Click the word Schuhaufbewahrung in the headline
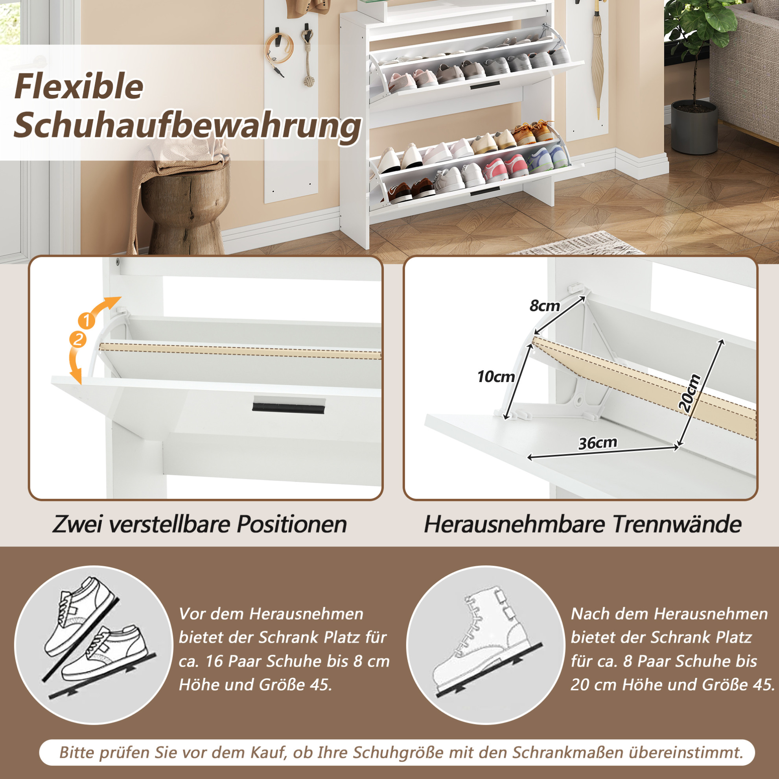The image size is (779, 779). (x=187, y=126)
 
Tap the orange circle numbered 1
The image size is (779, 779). (x=86, y=320)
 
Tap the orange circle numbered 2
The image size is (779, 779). (x=78, y=339)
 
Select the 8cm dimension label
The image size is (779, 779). (x=545, y=306)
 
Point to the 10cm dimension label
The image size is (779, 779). (x=496, y=377)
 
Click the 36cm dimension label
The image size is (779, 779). (x=598, y=443)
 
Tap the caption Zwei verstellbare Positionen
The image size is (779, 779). (x=200, y=524)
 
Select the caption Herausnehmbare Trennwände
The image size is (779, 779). (x=583, y=524)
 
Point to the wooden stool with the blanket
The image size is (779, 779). (x=184, y=202)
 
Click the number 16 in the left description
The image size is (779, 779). (x=214, y=662)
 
